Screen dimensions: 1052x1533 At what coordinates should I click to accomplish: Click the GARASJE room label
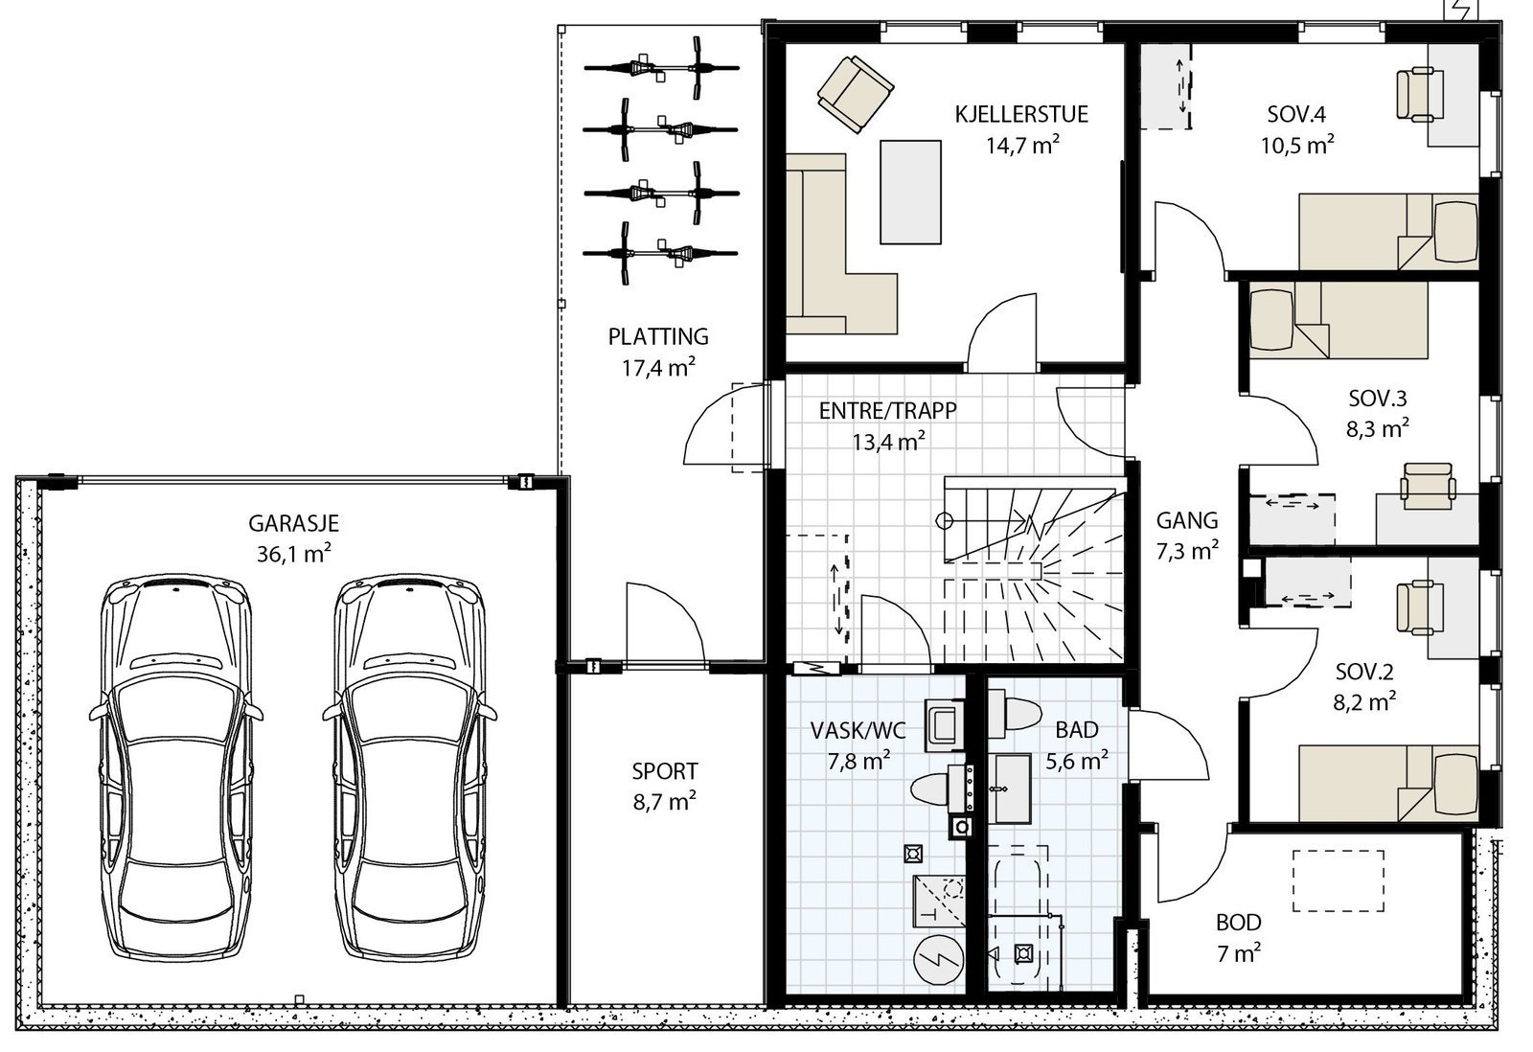pos(293,524)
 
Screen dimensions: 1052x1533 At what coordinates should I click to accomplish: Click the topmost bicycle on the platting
pos(661,68)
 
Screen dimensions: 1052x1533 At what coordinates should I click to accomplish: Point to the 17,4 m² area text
pos(657,368)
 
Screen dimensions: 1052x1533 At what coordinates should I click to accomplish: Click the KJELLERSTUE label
pos(1020,115)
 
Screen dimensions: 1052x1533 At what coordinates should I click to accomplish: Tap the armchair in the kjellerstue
pos(855,93)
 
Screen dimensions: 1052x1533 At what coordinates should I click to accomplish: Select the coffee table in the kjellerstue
pos(910,192)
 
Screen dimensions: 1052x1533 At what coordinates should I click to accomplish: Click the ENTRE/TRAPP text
pos(887,411)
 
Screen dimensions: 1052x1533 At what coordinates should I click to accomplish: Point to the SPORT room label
pos(664,771)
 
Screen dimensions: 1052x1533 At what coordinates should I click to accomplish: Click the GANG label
pos(1186,520)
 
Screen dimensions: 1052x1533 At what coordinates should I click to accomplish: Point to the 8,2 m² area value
pos(1363,702)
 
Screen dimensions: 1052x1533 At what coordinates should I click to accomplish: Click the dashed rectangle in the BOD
pos(1338,880)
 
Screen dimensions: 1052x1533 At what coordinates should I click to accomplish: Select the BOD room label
pos(1238,923)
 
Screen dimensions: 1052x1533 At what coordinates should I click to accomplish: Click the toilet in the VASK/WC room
pos(929,790)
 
